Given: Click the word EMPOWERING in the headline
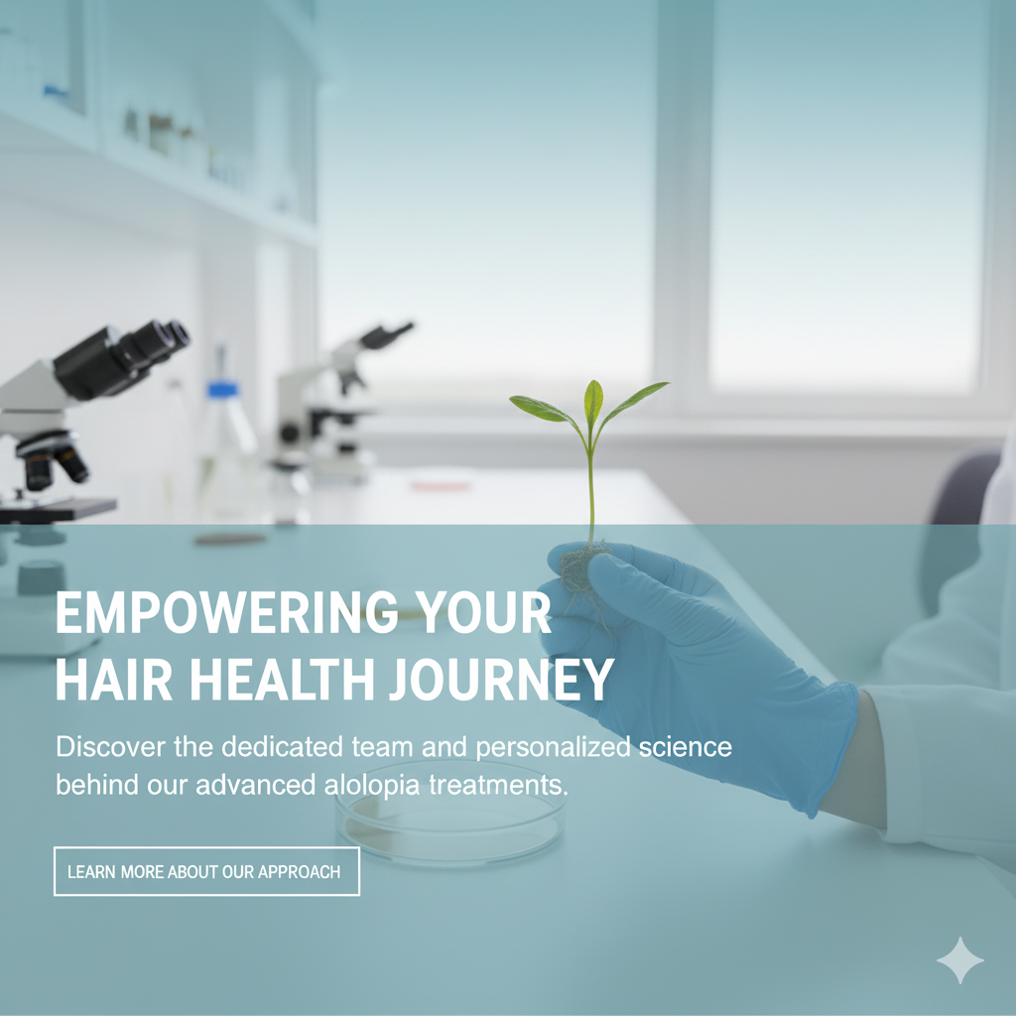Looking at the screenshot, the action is pyautogui.click(x=226, y=612).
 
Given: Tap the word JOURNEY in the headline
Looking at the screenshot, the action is pyautogui.click(x=501, y=680).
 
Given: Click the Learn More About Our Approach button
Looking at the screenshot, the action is pyautogui.click(x=206, y=871).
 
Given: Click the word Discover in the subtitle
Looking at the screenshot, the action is pyautogui.click(x=111, y=747).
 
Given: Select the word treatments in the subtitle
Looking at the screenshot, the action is pyautogui.click(x=498, y=786).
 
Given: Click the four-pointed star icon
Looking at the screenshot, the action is pyautogui.click(x=960, y=960).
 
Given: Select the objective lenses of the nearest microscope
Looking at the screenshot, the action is pyautogui.click(x=52, y=460).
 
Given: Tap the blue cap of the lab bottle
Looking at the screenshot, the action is pyautogui.click(x=223, y=389).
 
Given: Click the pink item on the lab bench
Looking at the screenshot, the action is pyautogui.click(x=442, y=485).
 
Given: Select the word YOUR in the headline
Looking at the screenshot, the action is pyautogui.click(x=483, y=612).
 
